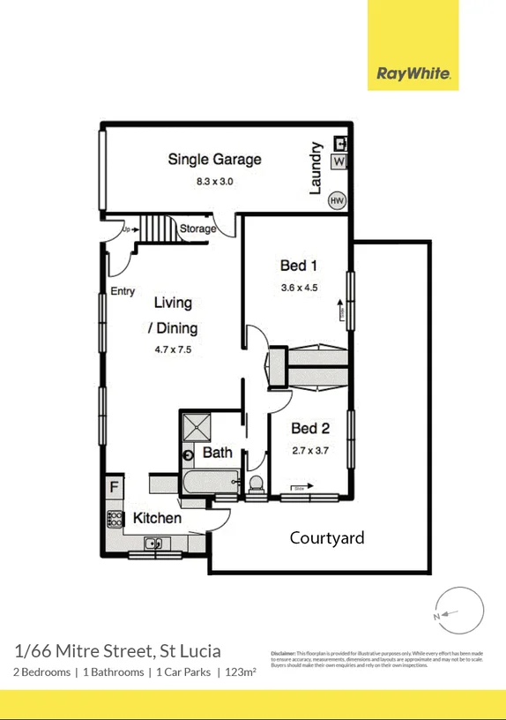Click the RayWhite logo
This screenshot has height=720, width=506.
pyautogui.click(x=413, y=74)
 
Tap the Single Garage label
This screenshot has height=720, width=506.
pyautogui.click(x=214, y=160)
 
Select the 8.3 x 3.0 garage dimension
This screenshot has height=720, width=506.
pyautogui.click(x=214, y=182)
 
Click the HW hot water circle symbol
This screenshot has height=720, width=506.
pyautogui.click(x=336, y=201)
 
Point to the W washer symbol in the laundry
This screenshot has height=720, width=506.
pyautogui.click(x=339, y=161)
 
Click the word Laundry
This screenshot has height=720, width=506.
pyautogui.click(x=315, y=168)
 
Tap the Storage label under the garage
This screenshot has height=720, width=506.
pyautogui.click(x=197, y=229)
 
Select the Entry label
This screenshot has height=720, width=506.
pyautogui.click(x=123, y=291)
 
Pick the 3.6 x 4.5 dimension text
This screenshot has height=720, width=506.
pyautogui.click(x=298, y=287)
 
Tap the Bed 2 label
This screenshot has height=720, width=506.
pyautogui.click(x=309, y=429)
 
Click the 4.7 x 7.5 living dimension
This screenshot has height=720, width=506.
pyautogui.click(x=172, y=349)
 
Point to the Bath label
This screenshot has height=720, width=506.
pyautogui.click(x=217, y=453)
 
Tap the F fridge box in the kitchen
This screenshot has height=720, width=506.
pyautogui.click(x=114, y=486)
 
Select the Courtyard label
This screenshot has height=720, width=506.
pyautogui.click(x=327, y=537)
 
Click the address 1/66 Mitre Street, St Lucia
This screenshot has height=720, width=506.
pyautogui.click(x=117, y=651)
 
